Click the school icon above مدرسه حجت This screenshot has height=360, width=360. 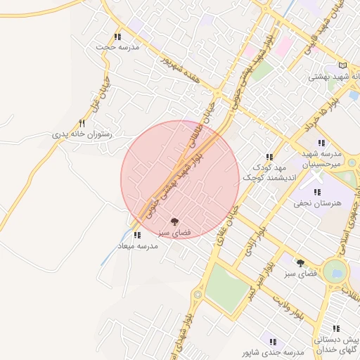[x=117, y=37]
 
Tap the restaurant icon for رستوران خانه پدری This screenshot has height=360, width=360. [x=82, y=124]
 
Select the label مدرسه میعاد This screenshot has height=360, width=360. [x=138, y=246]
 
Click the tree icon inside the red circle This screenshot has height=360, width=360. [x=175, y=221]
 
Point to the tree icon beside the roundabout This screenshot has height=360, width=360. [x=301, y=262]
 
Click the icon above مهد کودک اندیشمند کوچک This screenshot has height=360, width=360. [x=269, y=157]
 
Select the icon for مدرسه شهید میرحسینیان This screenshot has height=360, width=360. [x=321, y=143]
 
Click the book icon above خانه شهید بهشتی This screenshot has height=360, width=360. [x=342, y=65]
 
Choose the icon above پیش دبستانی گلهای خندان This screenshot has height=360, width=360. [x=336, y=328]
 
